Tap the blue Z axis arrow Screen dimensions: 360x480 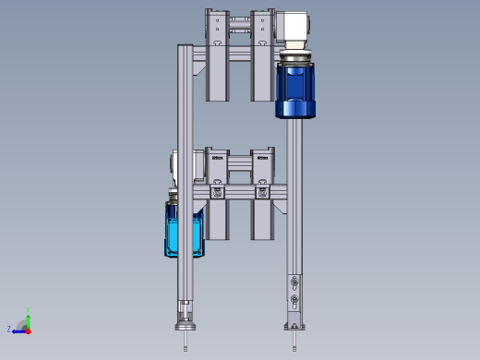coord(18,330)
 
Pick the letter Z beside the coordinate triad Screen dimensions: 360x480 coord(9,329)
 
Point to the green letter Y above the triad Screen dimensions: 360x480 coord(29,309)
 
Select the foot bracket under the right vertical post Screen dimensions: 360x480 coord(294,323)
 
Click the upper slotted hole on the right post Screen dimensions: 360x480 coord(294,282)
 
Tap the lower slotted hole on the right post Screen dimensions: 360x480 coord(294,298)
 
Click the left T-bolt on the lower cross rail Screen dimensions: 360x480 coord(217,192)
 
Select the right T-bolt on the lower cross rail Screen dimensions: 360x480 coord(263,192)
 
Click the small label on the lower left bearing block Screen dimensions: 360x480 coord(217,158)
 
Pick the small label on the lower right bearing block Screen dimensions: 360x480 coord(263,158)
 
